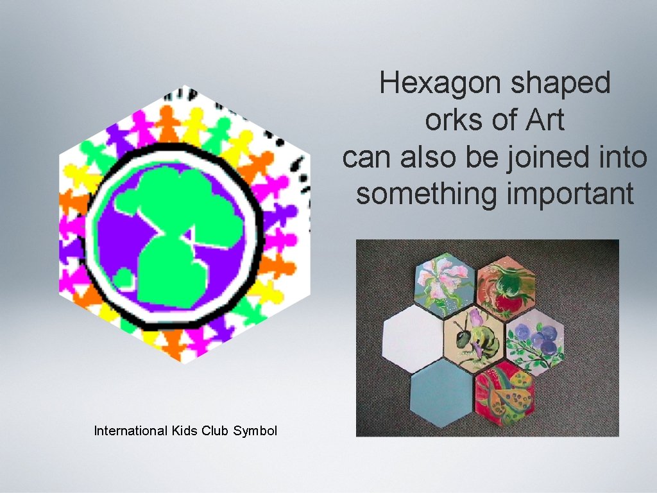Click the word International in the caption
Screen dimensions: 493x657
pos(130,431)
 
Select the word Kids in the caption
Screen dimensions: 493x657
pos(184,431)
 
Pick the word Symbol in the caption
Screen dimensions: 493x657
pos(255,431)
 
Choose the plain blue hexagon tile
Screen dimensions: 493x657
pos(441,392)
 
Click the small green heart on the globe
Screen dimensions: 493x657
pos(124,279)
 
